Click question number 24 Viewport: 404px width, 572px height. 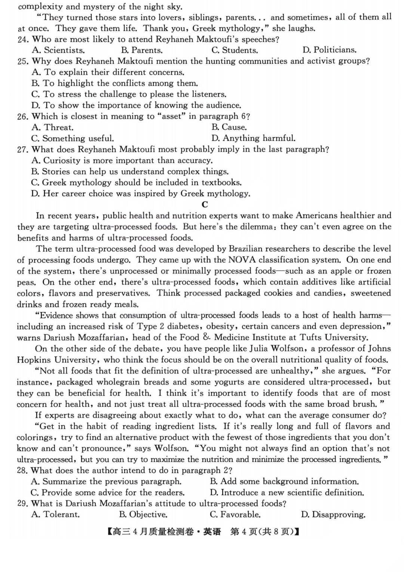point(23,40)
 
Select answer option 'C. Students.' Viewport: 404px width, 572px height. point(235,50)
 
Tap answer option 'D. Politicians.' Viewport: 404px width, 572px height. point(329,50)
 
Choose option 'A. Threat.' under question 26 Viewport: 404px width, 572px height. point(53,127)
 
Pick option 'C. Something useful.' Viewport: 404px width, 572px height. point(73,139)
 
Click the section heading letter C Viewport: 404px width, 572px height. point(205,204)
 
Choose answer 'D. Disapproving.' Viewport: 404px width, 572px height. point(333,515)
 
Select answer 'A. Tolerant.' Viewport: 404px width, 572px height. point(55,515)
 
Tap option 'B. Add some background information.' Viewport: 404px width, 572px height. point(284,482)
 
